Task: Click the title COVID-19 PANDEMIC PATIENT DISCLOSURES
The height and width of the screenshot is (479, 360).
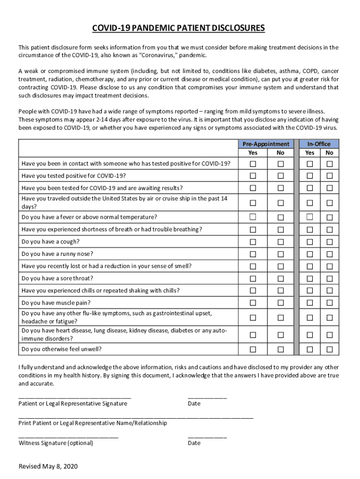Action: tap(179, 29)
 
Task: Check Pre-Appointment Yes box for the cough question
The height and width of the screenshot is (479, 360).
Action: tap(253, 242)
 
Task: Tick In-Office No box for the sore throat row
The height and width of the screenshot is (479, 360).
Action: tap(330, 278)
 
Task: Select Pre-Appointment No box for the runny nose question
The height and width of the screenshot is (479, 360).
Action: tap(281, 254)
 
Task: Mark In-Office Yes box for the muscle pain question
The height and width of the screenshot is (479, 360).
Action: tap(310, 303)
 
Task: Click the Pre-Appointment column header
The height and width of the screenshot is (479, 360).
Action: tap(266, 144)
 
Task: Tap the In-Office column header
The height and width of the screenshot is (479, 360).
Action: tap(319, 144)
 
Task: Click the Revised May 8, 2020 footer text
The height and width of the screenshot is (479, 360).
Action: tap(48, 467)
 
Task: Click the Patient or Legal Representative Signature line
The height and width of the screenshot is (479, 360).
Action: tap(75, 397)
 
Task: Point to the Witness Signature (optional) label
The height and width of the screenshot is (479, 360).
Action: tap(56, 443)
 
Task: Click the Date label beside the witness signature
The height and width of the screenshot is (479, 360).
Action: tap(194, 443)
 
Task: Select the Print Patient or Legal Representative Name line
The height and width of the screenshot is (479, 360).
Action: tap(136, 416)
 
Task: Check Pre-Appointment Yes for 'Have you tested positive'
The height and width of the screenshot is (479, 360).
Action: tap(253, 176)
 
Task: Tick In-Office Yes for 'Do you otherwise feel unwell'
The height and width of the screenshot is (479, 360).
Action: tap(310, 349)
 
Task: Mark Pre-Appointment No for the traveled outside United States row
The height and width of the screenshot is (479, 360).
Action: tap(281, 203)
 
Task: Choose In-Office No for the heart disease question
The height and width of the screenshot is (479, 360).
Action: tap(330, 335)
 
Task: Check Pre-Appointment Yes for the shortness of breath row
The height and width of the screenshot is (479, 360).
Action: tap(253, 230)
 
